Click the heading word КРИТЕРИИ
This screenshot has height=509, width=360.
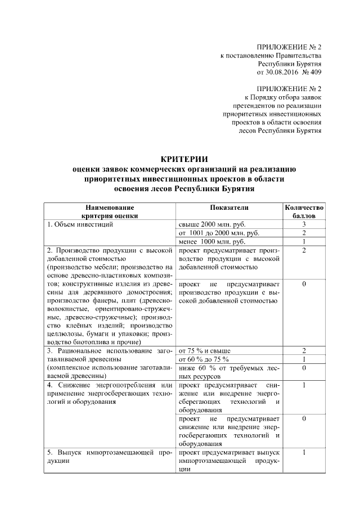coord(179,159)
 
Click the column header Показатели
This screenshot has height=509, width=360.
coord(229,208)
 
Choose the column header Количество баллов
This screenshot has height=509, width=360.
coord(304,211)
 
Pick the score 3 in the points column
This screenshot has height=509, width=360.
coord(304,224)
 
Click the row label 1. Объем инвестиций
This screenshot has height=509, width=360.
coord(81,224)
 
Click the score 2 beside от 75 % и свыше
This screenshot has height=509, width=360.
coord(304,350)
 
